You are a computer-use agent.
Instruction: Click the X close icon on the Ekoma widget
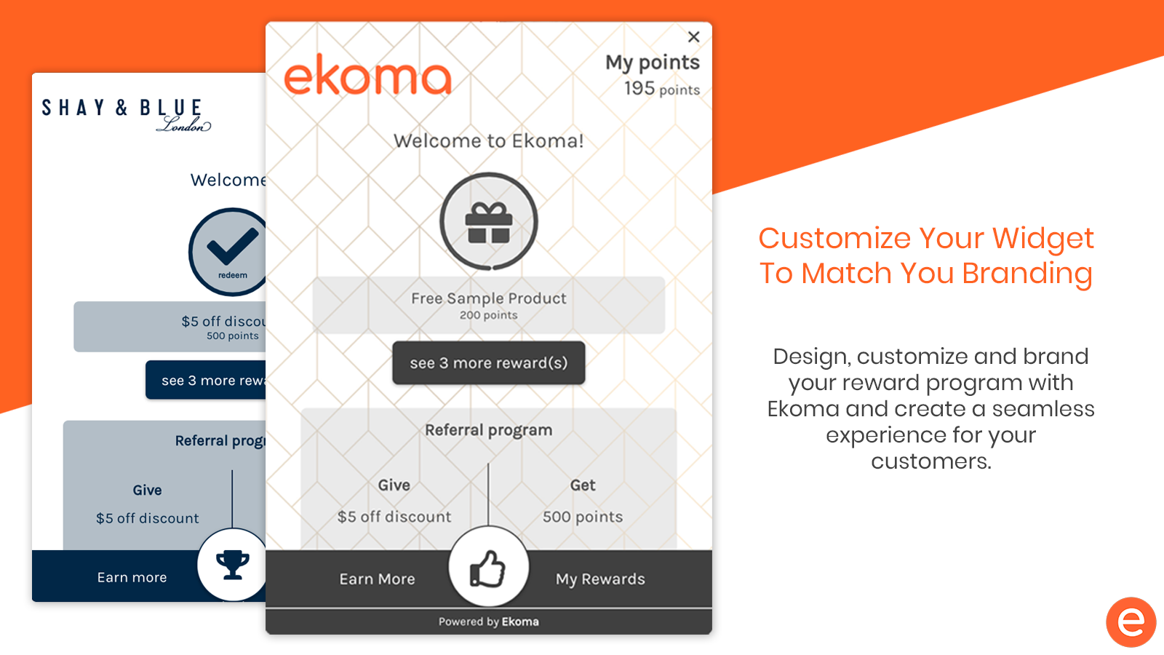click(x=694, y=37)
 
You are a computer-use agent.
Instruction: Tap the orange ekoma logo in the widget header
click(x=368, y=76)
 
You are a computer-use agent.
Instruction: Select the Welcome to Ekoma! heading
click(x=488, y=141)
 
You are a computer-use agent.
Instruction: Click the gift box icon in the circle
click(x=489, y=223)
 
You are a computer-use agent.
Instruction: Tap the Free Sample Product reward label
click(x=488, y=298)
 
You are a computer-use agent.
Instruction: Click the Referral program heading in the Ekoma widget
click(x=488, y=430)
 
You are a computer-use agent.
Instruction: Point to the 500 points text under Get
click(x=583, y=517)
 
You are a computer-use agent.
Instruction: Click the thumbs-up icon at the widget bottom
click(x=487, y=569)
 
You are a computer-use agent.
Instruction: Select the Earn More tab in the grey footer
click(x=378, y=579)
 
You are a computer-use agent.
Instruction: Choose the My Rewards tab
click(x=600, y=579)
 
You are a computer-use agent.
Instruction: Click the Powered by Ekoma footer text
click(x=488, y=622)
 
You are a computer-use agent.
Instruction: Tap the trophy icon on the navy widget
click(x=232, y=565)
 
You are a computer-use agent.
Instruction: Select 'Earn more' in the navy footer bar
click(x=132, y=578)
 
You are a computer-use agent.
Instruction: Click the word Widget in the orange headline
click(x=1043, y=239)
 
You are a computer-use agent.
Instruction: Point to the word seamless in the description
click(x=1043, y=409)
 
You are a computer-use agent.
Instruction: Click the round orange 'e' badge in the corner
click(x=1131, y=622)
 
